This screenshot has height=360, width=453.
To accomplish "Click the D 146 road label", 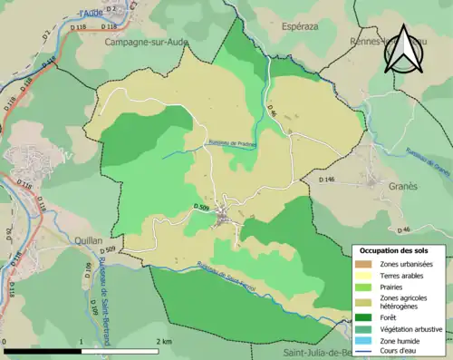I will click(x=327, y=180).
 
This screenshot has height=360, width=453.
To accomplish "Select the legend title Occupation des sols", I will click(x=394, y=250).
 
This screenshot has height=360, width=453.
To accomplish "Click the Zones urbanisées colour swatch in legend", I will click(x=361, y=263).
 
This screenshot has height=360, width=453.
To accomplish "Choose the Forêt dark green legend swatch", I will click(x=361, y=317).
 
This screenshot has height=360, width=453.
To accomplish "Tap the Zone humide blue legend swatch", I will click(x=361, y=341).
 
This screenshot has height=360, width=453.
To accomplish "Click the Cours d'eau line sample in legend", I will click(x=361, y=353).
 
